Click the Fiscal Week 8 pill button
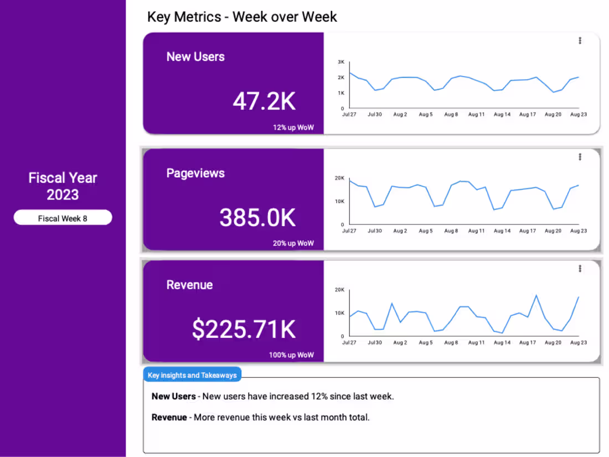[x=63, y=218]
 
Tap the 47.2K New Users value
[x=264, y=101]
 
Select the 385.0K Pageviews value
[x=257, y=218]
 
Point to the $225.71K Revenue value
[x=244, y=330]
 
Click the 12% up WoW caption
[x=293, y=127]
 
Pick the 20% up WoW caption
[x=293, y=243]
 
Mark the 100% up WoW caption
[x=291, y=355]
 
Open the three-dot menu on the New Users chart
[x=580, y=40]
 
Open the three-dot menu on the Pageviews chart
[x=580, y=157]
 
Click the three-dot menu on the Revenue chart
[x=580, y=269]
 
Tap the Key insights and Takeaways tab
[x=192, y=375]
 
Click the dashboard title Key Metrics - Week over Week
[x=242, y=17]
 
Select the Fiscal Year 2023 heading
[x=63, y=186]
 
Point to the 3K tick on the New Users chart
[x=341, y=62]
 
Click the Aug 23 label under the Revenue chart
[x=579, y=343]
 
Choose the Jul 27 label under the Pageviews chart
[x=349, y=231]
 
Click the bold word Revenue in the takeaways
[x=169, y=417]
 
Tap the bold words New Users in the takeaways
[x=173, y=397]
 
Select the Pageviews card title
[x=195, y=173]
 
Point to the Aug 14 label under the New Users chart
[x=502, y=115]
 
